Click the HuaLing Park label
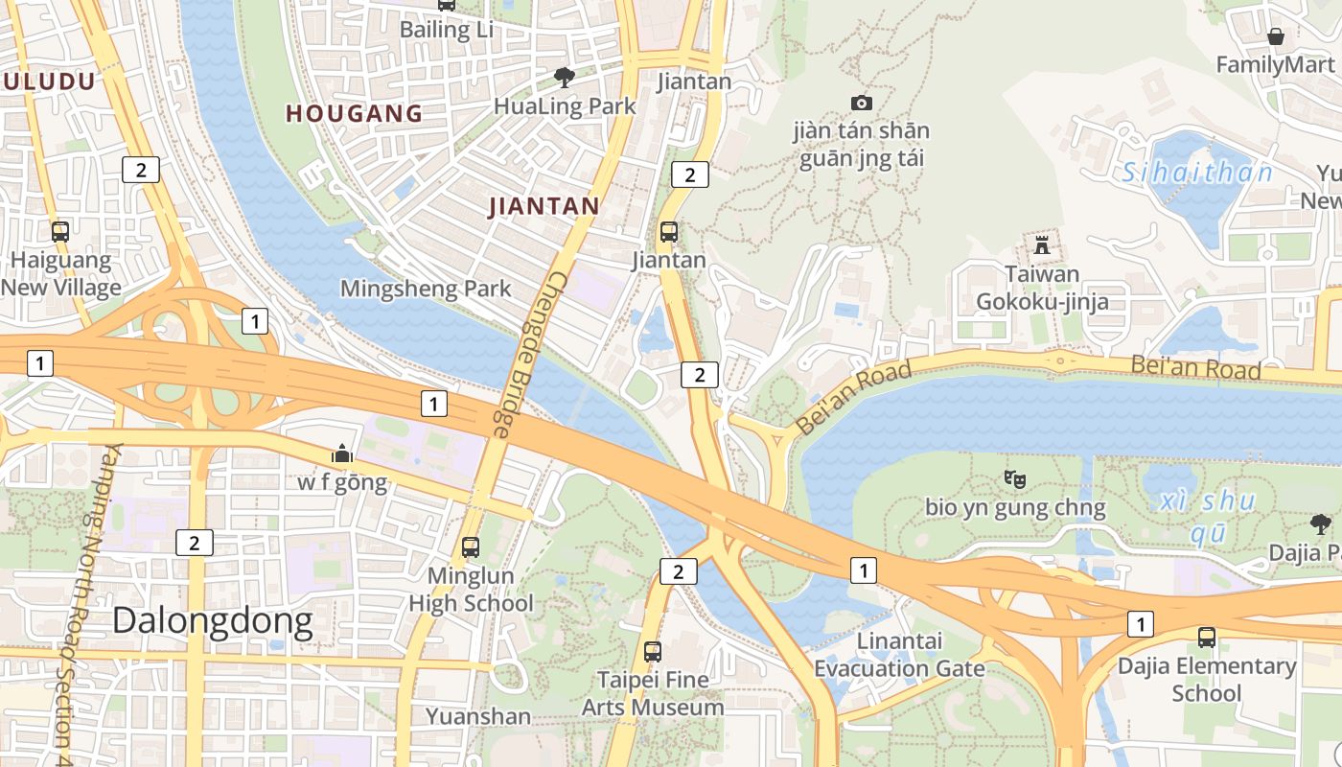[x=565, y=105]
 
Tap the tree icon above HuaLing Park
[x=565, y=77]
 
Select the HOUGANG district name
[x=355, y=113]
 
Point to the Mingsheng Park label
[x=426, y=289]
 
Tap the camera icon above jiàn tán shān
[x=862, y=103]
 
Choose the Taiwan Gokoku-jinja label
[x=1042, y=288]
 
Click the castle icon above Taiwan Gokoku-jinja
[x=1042, y=244]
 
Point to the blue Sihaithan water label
[x=1197, y=173]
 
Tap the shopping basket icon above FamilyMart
[x=1276, y=37]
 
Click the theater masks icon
[x=1015, y=477]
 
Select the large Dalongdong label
[x=213, y=621]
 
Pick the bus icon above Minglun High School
[x=471, y=547]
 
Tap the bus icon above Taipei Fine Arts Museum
[x=653, y=652]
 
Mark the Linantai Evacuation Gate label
[x=899, y=655]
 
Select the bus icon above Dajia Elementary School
[x=1207, y=637]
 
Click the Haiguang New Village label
[x=61, y=273]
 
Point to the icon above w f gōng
[x=342, y=453]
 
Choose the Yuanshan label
[x=478, y=716]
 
